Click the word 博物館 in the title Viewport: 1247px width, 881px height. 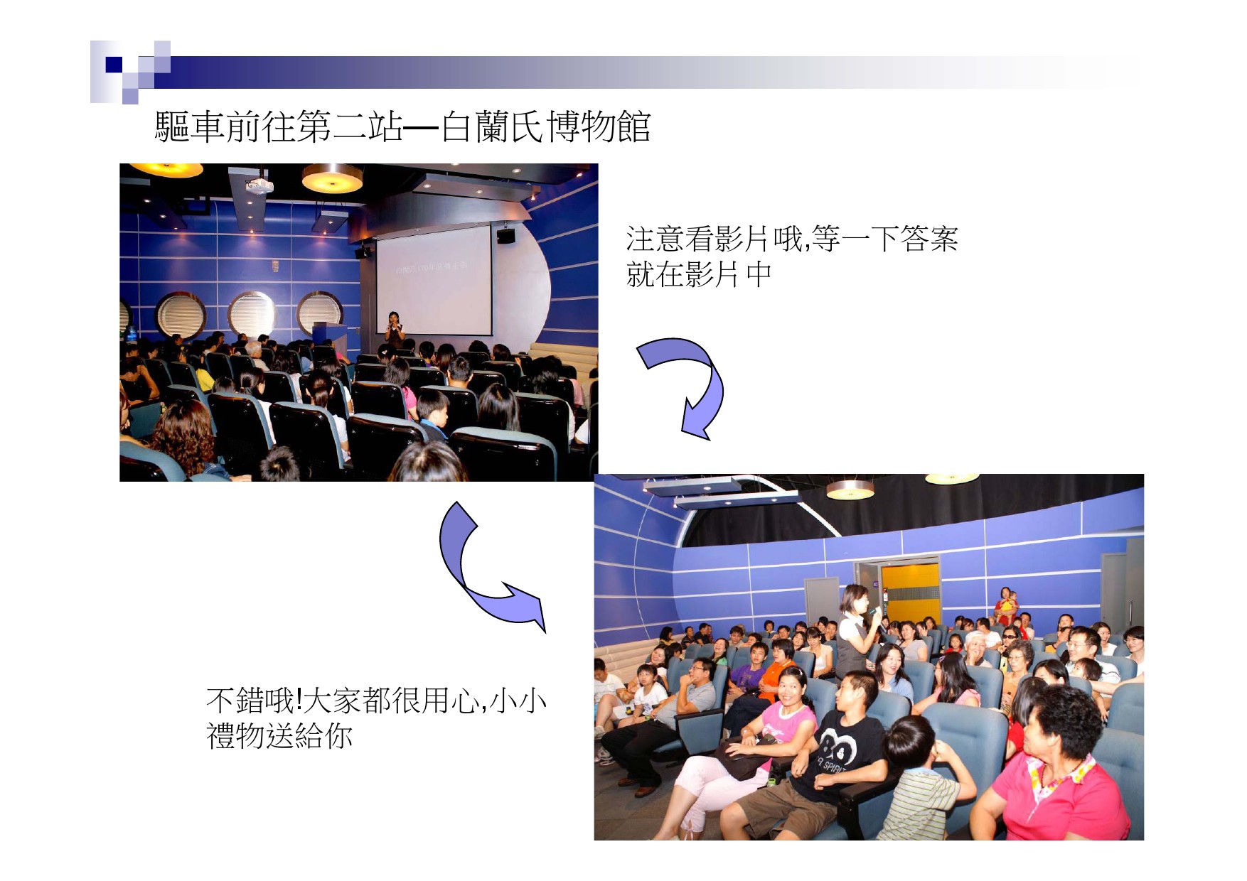599,127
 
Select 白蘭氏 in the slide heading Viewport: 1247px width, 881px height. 493,127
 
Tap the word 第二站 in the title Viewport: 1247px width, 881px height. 350,127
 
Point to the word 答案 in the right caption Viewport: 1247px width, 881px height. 929,239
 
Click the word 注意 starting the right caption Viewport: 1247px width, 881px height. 655,239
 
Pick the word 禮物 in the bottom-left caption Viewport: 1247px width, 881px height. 235,735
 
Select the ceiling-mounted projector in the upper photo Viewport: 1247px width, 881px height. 259,185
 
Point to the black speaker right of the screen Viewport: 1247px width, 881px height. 505,236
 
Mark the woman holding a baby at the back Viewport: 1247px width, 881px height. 1005,605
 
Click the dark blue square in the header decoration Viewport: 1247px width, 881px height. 114,65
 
